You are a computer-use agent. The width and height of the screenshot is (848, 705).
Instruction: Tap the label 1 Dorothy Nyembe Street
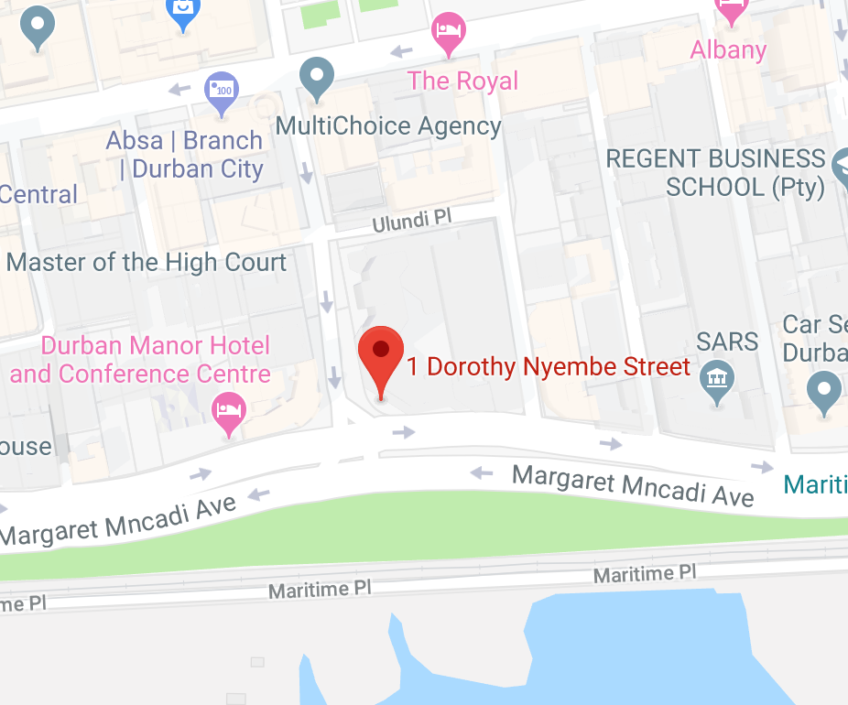(548, 367)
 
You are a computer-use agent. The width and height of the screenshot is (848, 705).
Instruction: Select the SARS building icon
(714, 379)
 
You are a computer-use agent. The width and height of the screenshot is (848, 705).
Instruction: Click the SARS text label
(727, 342)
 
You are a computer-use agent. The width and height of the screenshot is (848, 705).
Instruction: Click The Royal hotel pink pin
(448, 32)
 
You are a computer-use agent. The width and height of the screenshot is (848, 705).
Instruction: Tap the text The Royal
(462, 81)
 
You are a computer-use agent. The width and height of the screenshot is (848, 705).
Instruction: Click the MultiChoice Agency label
(388, 125)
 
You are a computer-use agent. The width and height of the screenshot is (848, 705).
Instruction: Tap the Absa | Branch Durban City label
(185, 155)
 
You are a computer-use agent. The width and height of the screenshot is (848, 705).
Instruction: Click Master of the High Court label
(147, 263)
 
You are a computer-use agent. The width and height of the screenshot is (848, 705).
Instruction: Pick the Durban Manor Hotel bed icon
(228, 411)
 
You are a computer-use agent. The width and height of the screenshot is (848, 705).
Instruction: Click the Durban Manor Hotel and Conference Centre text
(142, 360)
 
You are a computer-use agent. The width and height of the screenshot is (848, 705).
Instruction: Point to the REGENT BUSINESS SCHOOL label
(715, 173)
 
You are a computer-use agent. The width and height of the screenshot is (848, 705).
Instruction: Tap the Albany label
(728, 49)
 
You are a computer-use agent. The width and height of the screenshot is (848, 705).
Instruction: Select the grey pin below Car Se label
(824, 391)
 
